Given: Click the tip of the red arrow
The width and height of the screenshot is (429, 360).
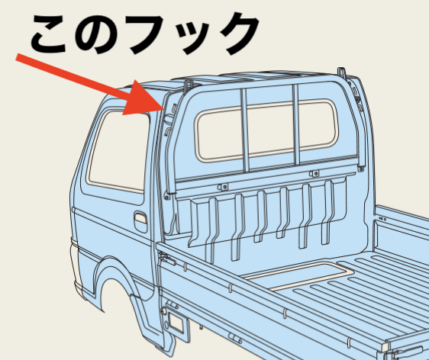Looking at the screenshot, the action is pyautogui.click(x=164, y=109).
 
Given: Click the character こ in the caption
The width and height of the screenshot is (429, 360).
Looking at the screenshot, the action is pyautogui.click(x=49, y=34).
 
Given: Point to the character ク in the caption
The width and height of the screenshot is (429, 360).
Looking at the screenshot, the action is pyautogui.click(x=237, y=33).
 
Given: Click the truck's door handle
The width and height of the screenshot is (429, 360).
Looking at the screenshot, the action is pyautogui.click(x=140, y=221).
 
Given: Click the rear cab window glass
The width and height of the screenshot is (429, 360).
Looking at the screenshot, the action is pyautogui.click(x=266, y=130).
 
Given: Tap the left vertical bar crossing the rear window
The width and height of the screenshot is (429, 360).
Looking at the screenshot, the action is pyautogui.click(x=245, y=130).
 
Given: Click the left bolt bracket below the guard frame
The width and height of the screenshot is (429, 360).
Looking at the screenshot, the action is pyautogui.click(x=223, y=187).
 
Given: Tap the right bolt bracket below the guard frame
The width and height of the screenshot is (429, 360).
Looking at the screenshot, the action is pyautogui.click(x=314, y=173).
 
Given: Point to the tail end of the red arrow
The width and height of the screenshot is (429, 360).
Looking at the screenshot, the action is pyautogui.click(x=17, y=57).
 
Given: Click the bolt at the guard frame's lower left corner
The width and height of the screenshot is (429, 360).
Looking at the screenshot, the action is pyautogui.click(x=166, y=197).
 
